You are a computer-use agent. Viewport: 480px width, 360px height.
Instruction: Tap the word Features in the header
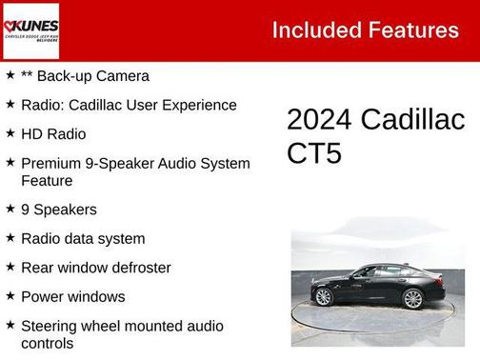(x=410, y=30)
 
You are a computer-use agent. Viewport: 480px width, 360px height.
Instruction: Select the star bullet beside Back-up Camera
(x=10, y=75)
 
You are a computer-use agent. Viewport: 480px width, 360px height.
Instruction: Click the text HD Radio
(x=53, y=134)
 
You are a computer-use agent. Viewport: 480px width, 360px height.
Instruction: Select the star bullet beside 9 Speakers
(x=10, y=209)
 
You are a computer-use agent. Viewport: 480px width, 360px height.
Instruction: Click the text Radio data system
(x=83, y=239)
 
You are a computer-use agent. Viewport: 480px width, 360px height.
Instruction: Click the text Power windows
(x=73, y=296)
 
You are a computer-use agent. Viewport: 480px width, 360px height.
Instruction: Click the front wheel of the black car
(x=323, y=297)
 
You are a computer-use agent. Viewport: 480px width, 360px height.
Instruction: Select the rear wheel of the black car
(x=412, y=299)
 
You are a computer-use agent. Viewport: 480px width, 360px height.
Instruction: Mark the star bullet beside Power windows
(x=10, y=296)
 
